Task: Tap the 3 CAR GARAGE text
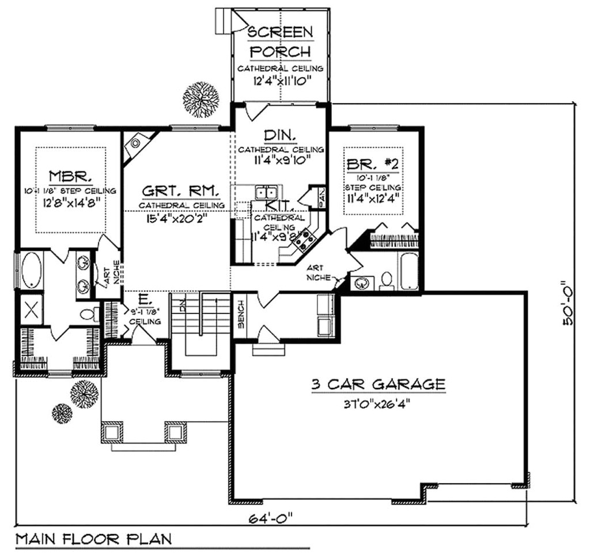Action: click(378, 384)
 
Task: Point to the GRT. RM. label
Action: click(180, 191)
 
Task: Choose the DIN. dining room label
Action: click(280, 136)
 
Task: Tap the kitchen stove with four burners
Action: click(304, 237)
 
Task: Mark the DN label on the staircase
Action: click(182, 305)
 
